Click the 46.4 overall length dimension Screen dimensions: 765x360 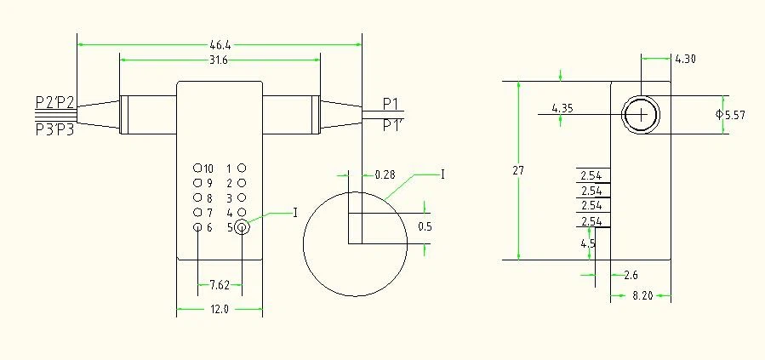pos(220,45)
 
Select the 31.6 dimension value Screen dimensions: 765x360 pos(219,60)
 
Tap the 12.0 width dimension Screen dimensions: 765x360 pos(220,309)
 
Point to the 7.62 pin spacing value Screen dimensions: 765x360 pos(220,285)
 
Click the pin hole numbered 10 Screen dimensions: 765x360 pos(197,169)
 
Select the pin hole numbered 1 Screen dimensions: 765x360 pos(242,169)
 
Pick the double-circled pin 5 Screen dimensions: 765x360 pos(242,227)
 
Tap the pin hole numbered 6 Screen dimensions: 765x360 pos(197,227)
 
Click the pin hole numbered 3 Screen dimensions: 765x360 pos(242,197)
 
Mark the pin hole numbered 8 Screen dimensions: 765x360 pos(197,197)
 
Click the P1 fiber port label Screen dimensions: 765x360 pos(391,104)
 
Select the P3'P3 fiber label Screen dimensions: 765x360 pos(54,130)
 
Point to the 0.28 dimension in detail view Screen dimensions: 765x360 pos(385,174)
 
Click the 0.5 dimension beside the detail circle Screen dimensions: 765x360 pos(425,227)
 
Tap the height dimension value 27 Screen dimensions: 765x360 pos(518,171)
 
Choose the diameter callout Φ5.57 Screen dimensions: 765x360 pos(730,115)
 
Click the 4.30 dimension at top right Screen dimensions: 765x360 pos(686,59)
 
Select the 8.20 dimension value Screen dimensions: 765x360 pos(642,295)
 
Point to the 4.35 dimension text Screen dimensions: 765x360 pos(562,108)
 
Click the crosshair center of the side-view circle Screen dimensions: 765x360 pos(641,115)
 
